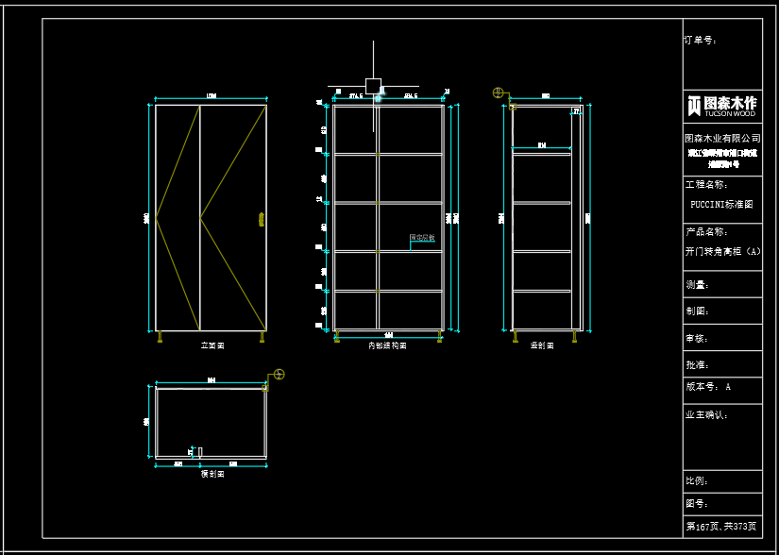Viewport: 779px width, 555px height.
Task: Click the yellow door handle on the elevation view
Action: (x=261, y=220)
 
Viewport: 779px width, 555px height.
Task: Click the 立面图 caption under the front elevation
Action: (x=212, y=346)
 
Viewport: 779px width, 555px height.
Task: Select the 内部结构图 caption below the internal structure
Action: (x=387, y=346)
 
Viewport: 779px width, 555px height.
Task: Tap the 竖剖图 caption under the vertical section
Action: (x=542, y=346)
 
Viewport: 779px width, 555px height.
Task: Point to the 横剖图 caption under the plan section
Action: (x=212, y=474)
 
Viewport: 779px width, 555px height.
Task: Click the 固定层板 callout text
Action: (x=422, y=238)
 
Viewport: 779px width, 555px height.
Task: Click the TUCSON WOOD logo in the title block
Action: (x=722, y=105)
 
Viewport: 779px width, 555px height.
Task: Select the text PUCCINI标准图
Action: (x=722, y=204)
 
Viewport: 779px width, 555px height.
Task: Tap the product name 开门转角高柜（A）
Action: (x=722, y=252)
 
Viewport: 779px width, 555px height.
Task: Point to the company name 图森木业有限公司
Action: (x=722, y=139)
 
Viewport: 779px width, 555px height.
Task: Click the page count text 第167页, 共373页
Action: (x=721, y=526)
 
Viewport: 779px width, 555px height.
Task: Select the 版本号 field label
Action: (x=703, y=387)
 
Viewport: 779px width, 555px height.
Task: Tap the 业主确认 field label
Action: (x=706, y=413)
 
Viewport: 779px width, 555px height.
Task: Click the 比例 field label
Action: (x=697, y=481)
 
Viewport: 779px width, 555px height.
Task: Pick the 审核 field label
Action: (x=697, y=337)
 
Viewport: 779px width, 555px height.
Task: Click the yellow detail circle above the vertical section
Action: (x=498, y=92)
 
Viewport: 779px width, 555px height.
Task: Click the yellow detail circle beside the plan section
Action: (x=279, y=375)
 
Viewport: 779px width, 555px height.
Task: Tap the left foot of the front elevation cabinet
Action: (x=161, y=336)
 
